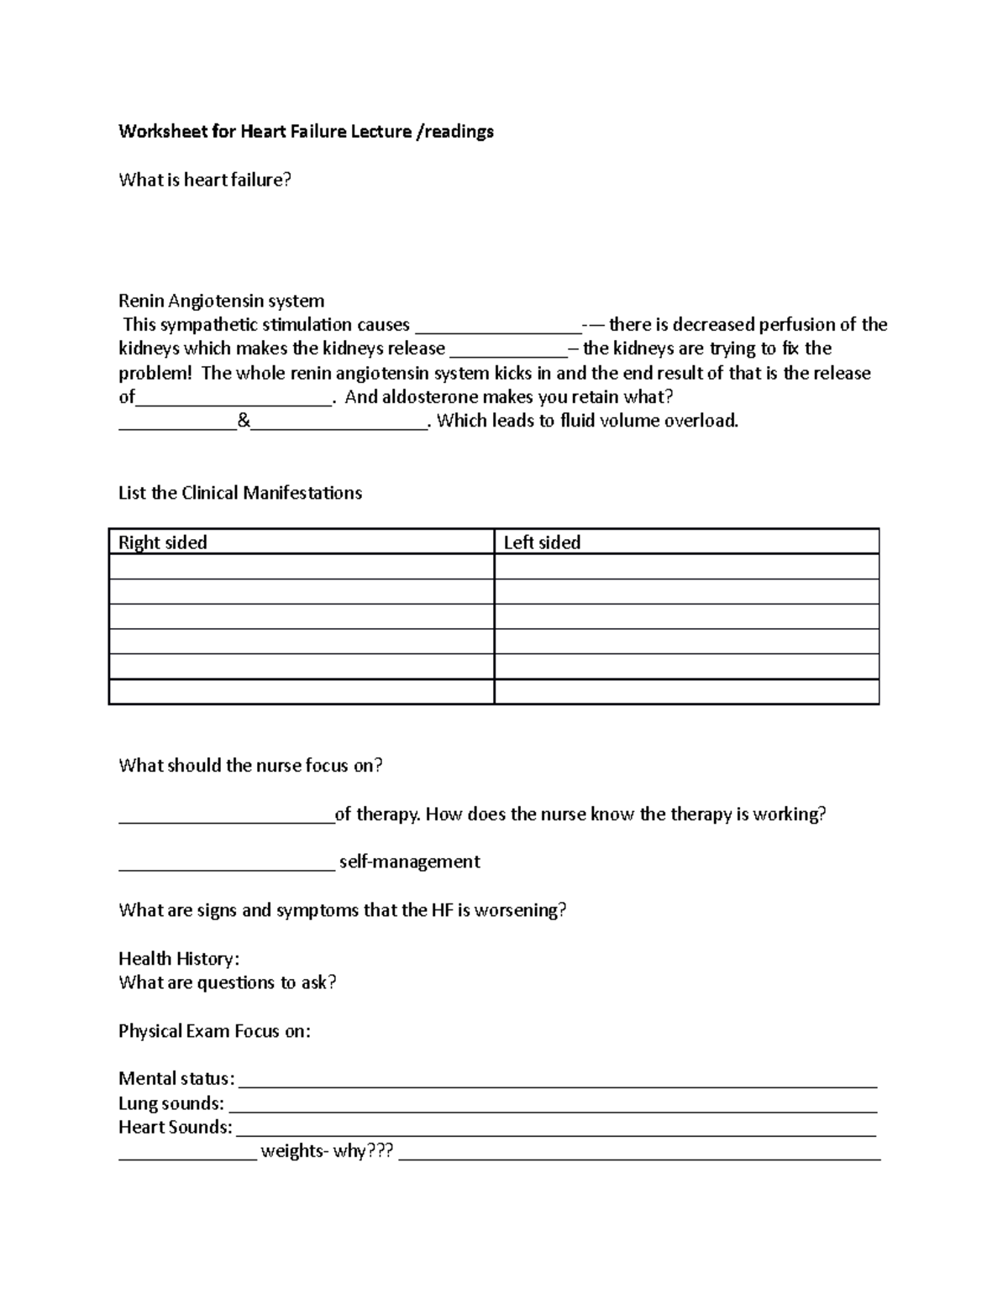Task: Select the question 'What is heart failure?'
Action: click(204, 180)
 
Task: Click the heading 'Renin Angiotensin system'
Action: click(221, 301)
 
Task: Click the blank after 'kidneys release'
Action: click(508, 349)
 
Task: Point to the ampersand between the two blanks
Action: click(244, 422)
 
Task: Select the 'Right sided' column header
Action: click(163, 542)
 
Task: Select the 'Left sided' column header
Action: click(542, 542)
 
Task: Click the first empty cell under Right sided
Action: click(301, 567)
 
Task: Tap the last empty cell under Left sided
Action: click(686, 692)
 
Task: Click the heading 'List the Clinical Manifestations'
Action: click(240, 493)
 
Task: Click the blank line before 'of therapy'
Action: click(226, 815)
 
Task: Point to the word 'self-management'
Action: click(409, 862)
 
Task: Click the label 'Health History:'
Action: click(179, 959)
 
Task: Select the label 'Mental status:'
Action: click(176, 1079)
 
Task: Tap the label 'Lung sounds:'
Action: click(171, 1103)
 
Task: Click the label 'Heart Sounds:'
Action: click(175, 1128)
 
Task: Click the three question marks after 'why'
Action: click(381, 1151)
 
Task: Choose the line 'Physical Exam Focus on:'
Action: click(214, 1031)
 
